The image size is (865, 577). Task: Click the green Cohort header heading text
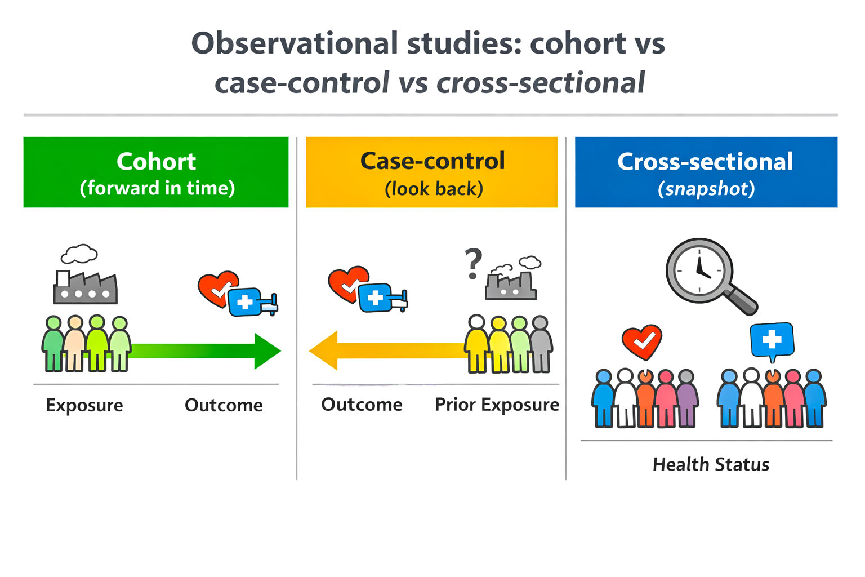pyautogui.click(x=156, y=162)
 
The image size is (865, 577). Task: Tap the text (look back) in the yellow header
pyautogui.click(x=433, y=189)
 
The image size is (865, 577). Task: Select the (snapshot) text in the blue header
pyautogui.click(x=706, y=189)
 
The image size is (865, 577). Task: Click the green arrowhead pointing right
pyautogui.click(x=266, y=351)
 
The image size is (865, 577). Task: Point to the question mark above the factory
pyautogui.click(x=474, y=263)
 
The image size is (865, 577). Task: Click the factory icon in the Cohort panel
pyautogui.click(x=85, y=287)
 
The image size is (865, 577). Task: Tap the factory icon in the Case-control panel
pyautogui.click(x=511, y=285)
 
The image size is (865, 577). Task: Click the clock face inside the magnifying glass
pyautogui.click(x=699, y=270)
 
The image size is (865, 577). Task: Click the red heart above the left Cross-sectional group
pyautogui.click(x=641, y=341)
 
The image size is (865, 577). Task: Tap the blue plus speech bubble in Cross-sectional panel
pyautogui.click(x=772, y=340)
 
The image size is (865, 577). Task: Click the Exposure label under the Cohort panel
pyautogui.click(x=84, y=405)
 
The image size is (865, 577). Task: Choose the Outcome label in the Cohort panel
pyautogui.click(x=224, y=405)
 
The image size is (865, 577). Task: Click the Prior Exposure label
pyautogui.click(x=497, y=405)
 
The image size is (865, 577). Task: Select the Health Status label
pyautogui.click(x=711, y=464)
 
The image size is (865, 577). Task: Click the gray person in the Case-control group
pyautogui.click(x=540, y=345)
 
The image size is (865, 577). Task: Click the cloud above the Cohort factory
pyautogui.click(x=79, y=254)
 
